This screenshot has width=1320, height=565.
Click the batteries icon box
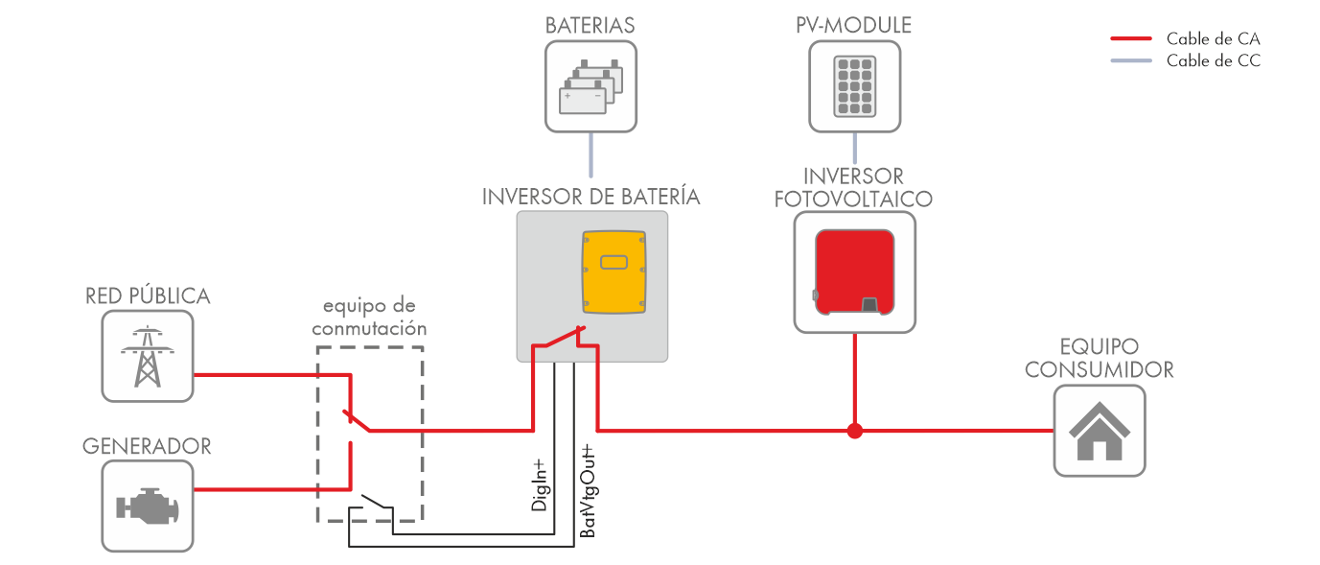coord(591,85)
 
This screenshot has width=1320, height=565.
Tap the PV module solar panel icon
coord(854,85)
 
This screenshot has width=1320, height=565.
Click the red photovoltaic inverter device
coord(854,272)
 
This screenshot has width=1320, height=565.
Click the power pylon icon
coord(148,356)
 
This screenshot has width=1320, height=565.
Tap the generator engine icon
coord(148,505)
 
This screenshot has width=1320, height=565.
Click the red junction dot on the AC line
coord(855,431)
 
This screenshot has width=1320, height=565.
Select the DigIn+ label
coord(540,485)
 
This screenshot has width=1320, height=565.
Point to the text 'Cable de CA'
coord(1213,39)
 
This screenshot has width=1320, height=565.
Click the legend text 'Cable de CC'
coord(1213,61)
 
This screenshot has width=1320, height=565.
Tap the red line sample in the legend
coord(1130,39)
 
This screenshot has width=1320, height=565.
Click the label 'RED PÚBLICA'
coord(148,295)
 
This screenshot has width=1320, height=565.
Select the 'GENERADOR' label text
coord(147,446)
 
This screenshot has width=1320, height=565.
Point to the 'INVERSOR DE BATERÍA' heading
coord(591,197)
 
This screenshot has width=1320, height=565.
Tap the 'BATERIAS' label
coord(591,25)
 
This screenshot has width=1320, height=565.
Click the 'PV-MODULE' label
coord(853,25)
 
